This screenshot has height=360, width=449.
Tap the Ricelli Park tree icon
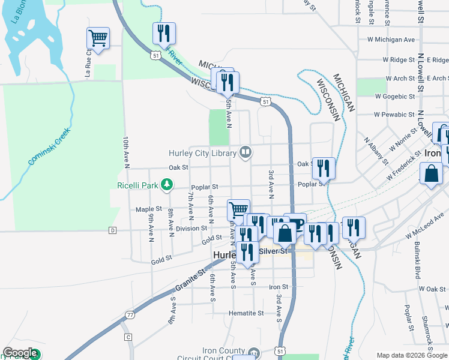(169, 185)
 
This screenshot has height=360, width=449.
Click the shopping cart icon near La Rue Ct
(97, 38)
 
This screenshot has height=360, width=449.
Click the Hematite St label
(246, 313)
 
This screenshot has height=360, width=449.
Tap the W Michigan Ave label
(391, 40)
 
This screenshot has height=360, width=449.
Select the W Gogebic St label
(394, 96)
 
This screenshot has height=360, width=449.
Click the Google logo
(20, 353)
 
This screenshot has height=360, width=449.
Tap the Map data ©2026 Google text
(412, 355)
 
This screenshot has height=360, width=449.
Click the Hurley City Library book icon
(245, 152)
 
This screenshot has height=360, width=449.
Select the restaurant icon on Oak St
(324, 168)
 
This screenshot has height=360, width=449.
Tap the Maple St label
(145, 209)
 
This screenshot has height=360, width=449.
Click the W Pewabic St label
(394, 114)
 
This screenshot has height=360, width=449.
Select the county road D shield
(112, 230)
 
